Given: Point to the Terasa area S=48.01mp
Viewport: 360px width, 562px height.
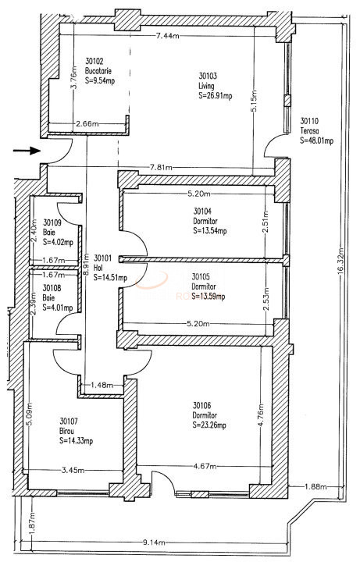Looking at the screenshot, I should coord(316,141).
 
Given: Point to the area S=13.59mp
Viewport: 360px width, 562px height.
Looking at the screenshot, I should coord(209,296).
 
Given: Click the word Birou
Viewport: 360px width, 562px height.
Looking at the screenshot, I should coord(68,430).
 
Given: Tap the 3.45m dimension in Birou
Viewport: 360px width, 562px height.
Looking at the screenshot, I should coord(73,471).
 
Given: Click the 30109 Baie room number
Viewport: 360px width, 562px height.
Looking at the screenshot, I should coord(52,222).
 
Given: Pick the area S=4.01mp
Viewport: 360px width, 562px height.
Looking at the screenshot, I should coord(58,307).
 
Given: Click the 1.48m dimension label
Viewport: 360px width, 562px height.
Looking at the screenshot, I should coord(102,385).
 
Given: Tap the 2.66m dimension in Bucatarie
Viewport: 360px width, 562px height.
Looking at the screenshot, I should coord(87,123).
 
